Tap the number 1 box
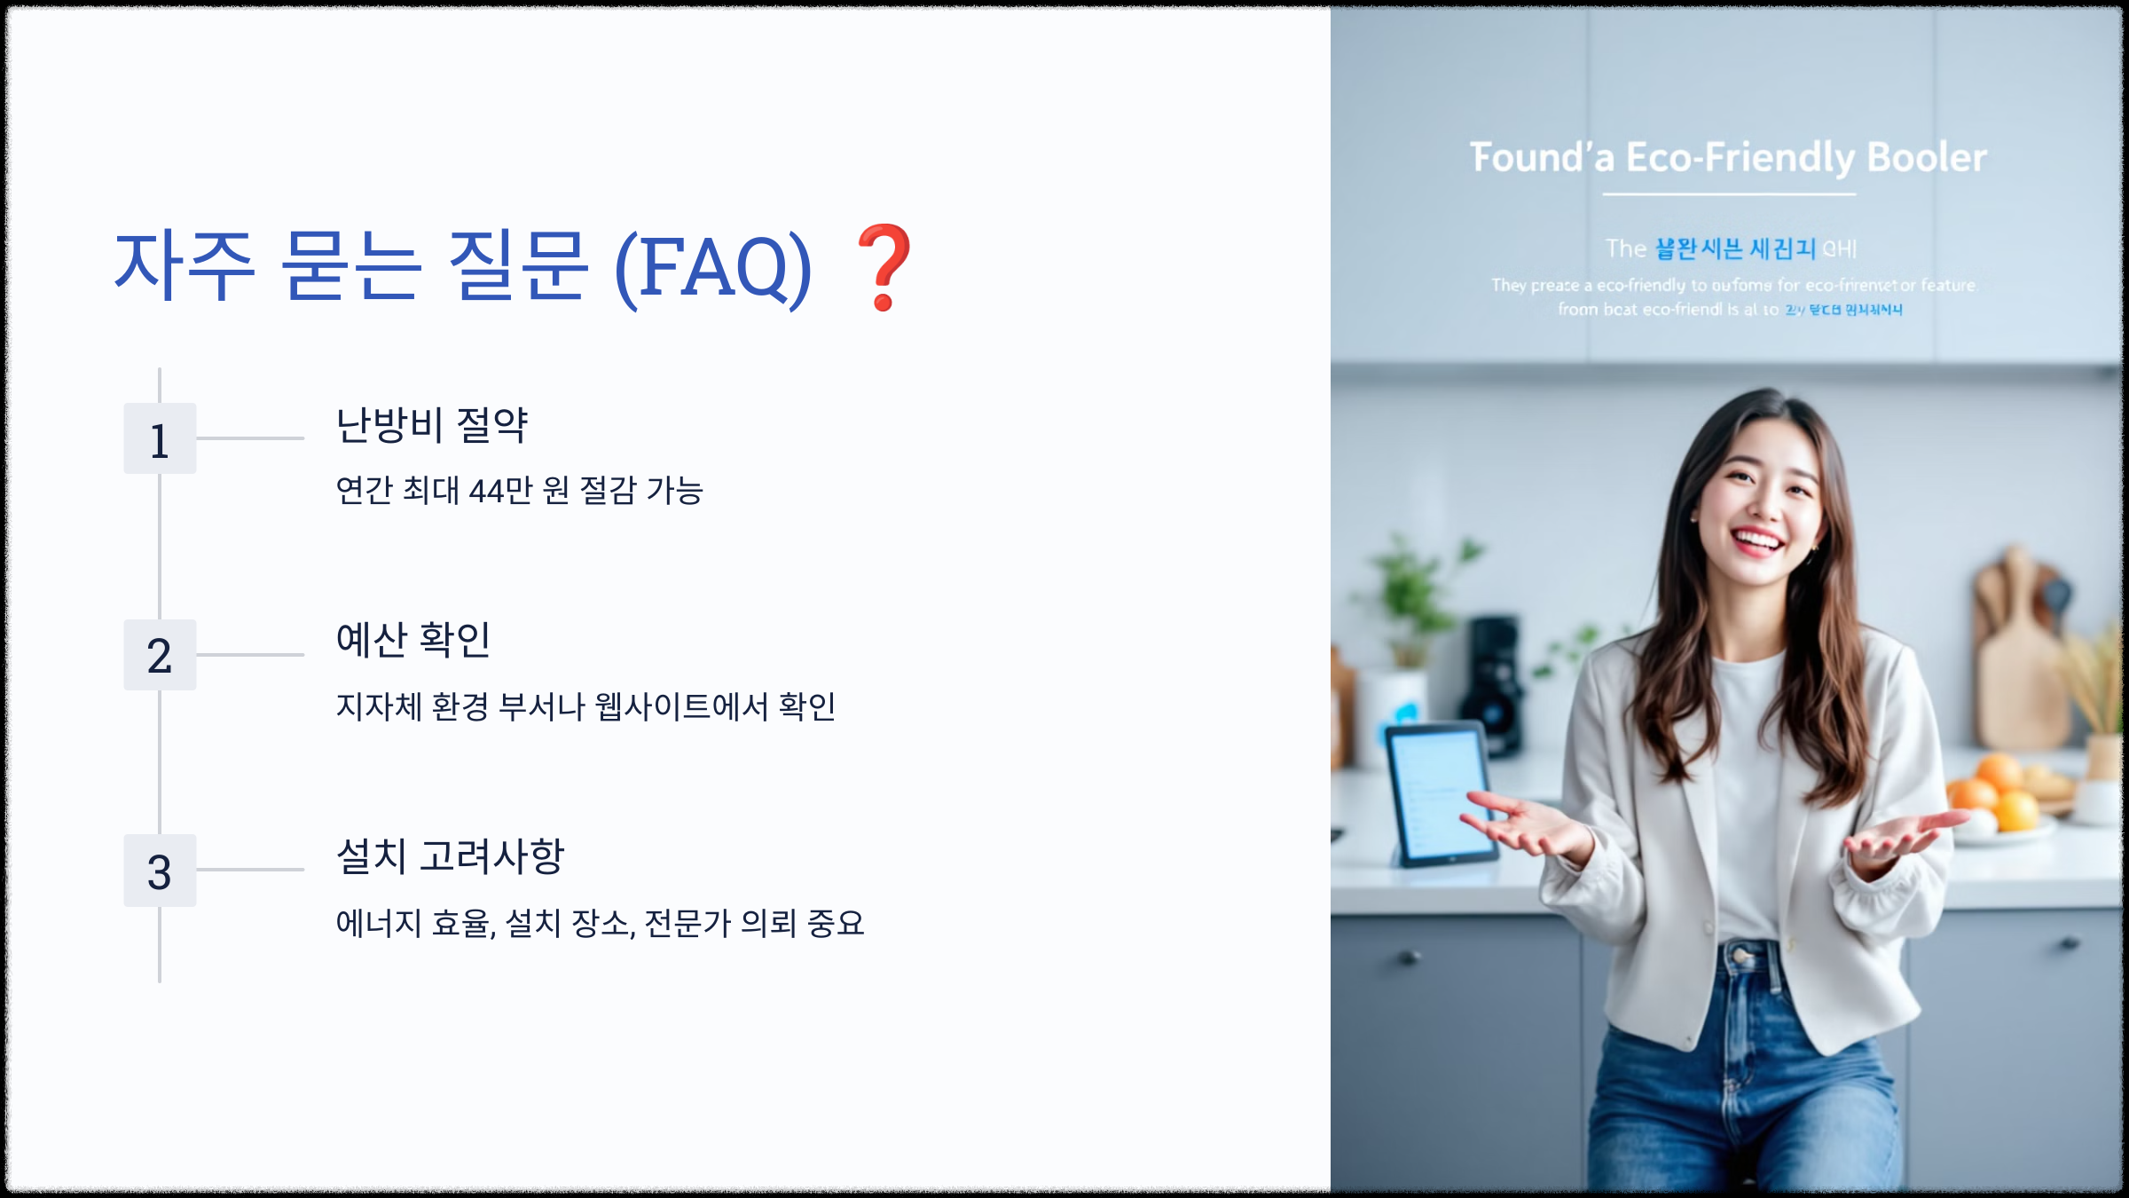point(160,439)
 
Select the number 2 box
point(160,655)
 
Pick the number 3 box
point(160,871)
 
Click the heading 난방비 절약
point(432,425)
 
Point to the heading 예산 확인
point(412,640)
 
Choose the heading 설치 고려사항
point(450,856)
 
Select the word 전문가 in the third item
point(687,924)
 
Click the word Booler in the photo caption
point(1927,158)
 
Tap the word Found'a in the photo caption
point(1543,158)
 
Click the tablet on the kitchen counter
point(1437,794)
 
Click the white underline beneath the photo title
point(1728,193)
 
